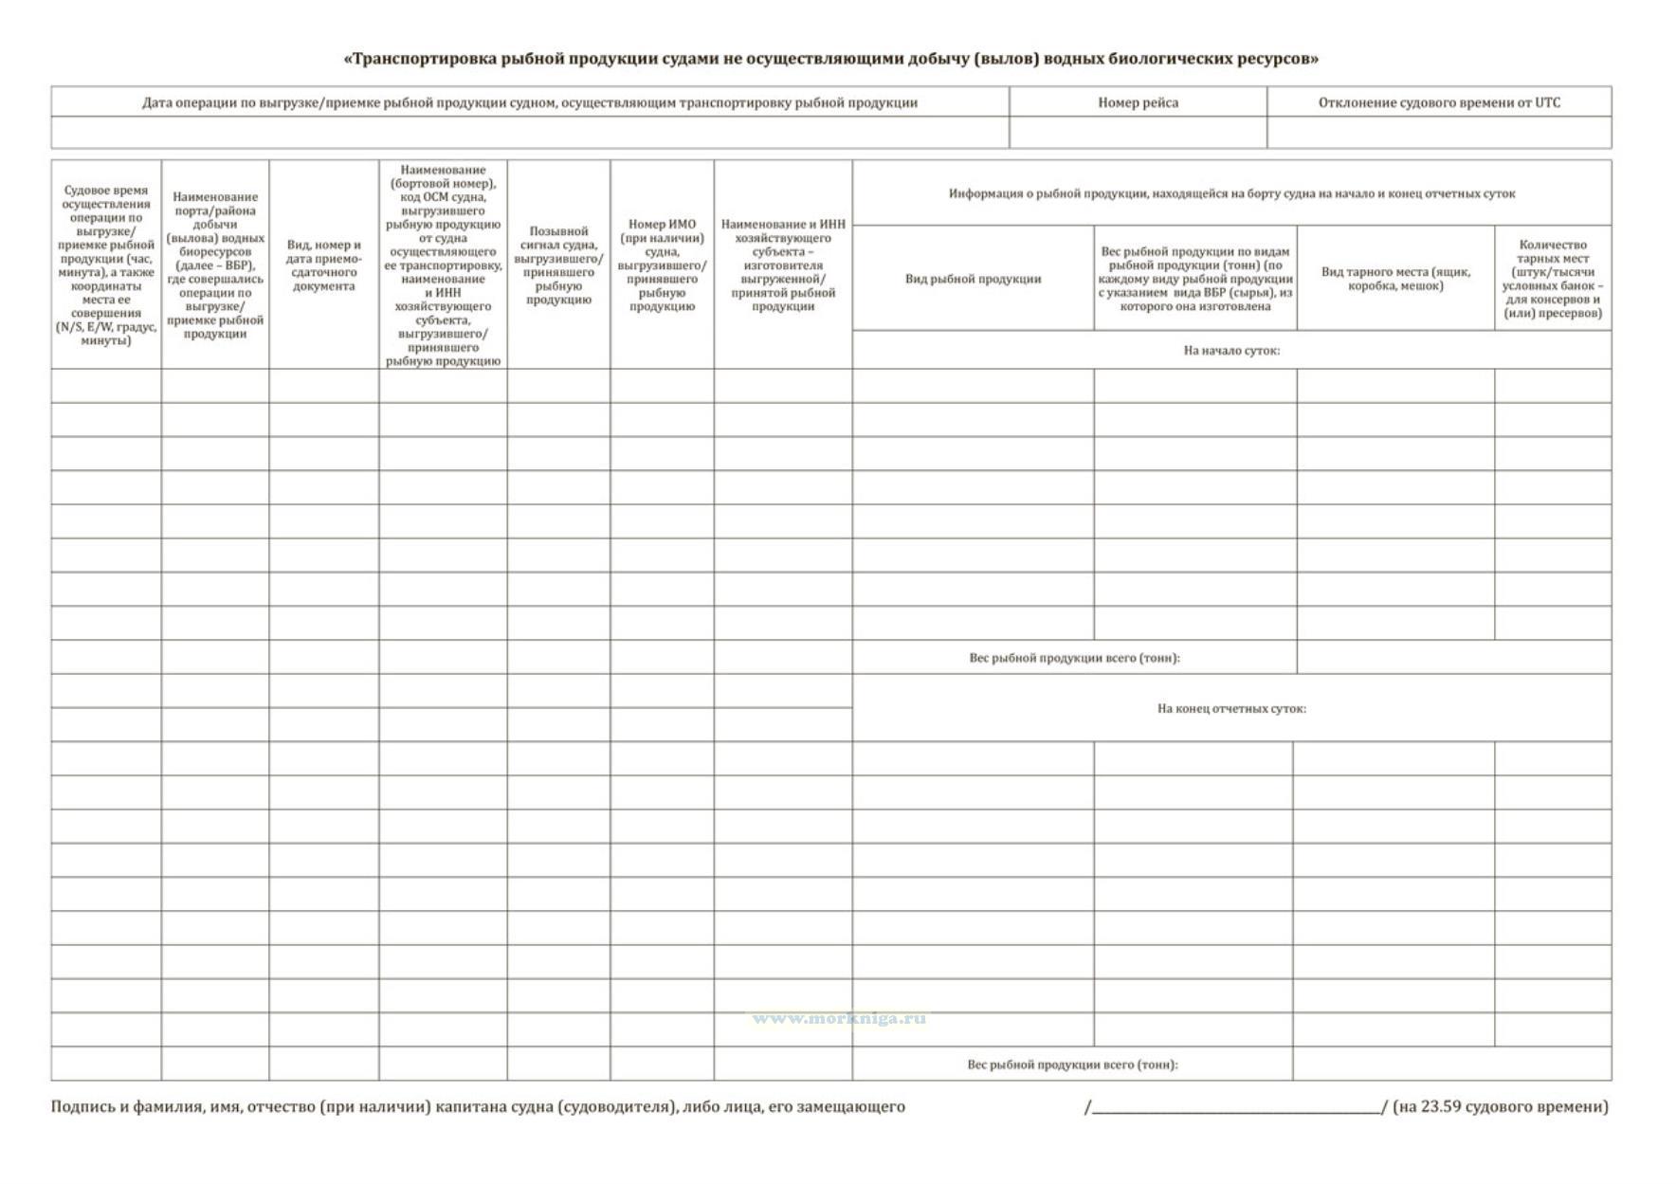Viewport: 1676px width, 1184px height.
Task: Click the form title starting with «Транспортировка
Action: tap(830, 59)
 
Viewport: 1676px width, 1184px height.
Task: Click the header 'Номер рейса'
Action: tap(1138, 102)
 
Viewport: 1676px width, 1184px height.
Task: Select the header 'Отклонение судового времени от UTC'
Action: tap(1438, 102)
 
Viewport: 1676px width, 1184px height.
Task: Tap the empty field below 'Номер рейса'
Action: tap(1138, 133)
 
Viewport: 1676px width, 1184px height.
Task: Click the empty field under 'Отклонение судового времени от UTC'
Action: tap(1438, 133)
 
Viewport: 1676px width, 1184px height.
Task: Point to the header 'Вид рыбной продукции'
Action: tap(973, 279)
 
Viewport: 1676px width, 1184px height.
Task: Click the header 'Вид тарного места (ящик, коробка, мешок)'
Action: tap(1395, 279)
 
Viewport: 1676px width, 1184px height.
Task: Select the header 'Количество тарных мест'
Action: tap(1552, 279)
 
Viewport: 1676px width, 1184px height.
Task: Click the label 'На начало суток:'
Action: tap(1231, 351)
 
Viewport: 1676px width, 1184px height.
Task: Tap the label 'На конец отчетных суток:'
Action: tap(1231, 708)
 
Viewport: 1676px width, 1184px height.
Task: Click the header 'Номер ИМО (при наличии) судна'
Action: tap(662, 265)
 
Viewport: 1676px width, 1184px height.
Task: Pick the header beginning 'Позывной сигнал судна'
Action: tap(558, 265)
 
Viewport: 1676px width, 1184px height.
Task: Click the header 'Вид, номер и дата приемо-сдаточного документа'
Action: tap(323, 265)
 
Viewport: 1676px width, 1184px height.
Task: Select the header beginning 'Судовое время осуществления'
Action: tap(105, 265)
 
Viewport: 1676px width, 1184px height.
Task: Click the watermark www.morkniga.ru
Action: tap(839, 1018)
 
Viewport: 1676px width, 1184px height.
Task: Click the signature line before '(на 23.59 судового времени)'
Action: tap(1236, 1108)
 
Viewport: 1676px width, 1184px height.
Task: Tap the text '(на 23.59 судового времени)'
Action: tap(1500, 1106)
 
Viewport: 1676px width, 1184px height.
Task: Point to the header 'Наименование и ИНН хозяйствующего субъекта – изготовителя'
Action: tap(783, 265)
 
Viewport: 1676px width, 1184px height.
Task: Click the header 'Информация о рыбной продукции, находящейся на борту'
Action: tap(1231, 193)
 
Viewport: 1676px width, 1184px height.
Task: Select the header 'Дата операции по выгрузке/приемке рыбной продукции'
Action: tap(529, 102)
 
